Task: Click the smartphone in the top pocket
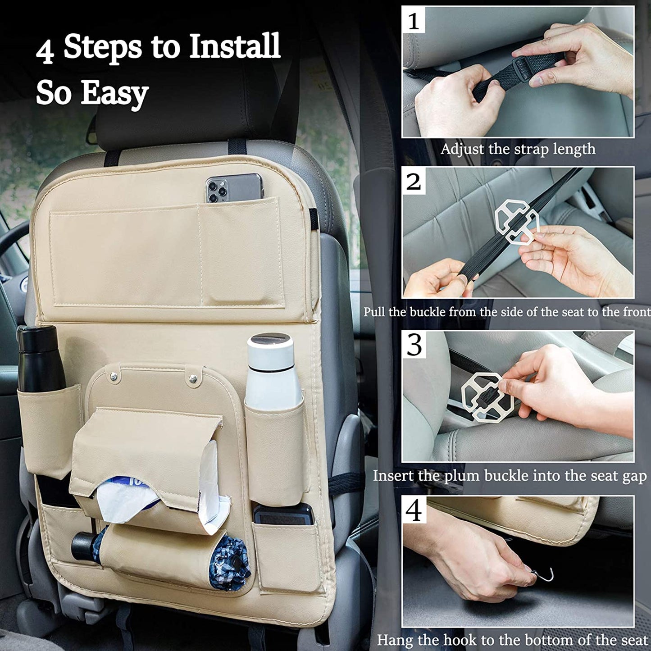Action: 234,188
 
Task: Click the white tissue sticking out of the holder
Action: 162,487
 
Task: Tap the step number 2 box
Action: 414,181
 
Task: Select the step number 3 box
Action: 414,345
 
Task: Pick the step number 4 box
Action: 414,510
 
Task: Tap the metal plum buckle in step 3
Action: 487,397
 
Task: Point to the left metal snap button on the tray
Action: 114,376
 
